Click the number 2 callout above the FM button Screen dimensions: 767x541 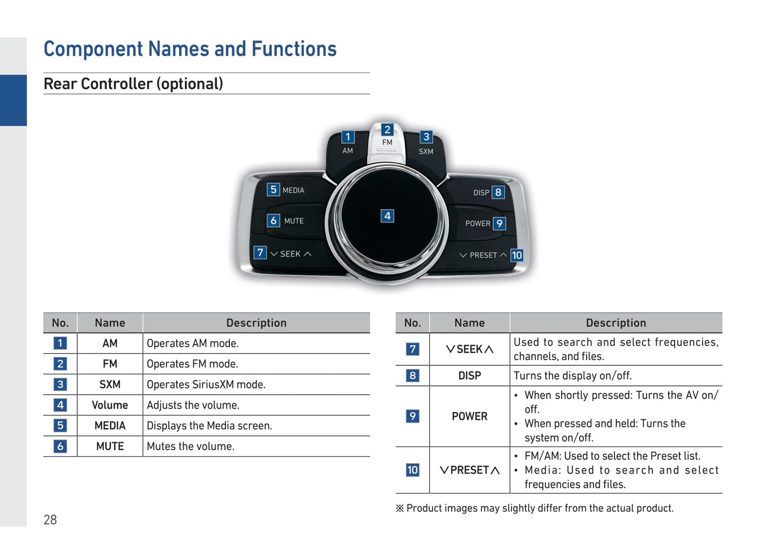(387, 130)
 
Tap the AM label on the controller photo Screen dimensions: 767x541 (348, 151)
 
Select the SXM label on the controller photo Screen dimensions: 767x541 (426, 151)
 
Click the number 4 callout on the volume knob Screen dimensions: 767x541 (387, 216)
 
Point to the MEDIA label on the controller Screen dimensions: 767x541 (294, 191)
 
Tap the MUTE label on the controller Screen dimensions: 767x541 (294, 221)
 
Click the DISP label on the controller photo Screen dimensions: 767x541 (481, 193)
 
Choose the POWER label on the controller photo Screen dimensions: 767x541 (478, 224)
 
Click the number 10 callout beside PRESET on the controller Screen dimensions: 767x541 (516, 255)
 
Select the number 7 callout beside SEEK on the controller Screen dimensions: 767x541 (260, 253)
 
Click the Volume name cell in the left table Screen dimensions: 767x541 (110, 406)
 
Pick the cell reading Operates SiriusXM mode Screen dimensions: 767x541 (206, 384)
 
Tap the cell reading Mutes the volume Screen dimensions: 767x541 (191, 446)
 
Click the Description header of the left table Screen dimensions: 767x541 (256, 323)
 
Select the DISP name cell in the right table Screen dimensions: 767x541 (469, 376)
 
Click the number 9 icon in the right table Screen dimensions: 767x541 (412, 416)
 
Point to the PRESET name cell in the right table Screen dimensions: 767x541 (469, 470)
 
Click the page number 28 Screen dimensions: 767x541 (50, 520)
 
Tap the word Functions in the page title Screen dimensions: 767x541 (294, 49)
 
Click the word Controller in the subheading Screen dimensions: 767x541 (117, 84)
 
